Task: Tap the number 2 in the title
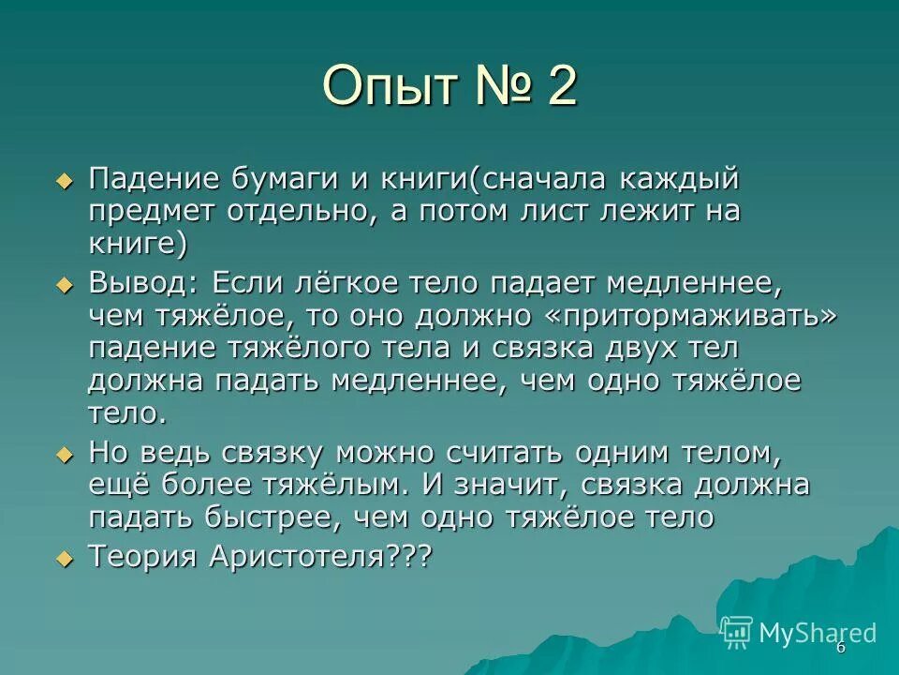coord(560,87)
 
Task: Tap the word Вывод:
coord(145,282)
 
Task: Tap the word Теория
coord(142,556)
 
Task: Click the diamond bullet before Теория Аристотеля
coord(64,558)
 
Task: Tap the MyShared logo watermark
coord(799,632)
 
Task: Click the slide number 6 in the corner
coord(840,648)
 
